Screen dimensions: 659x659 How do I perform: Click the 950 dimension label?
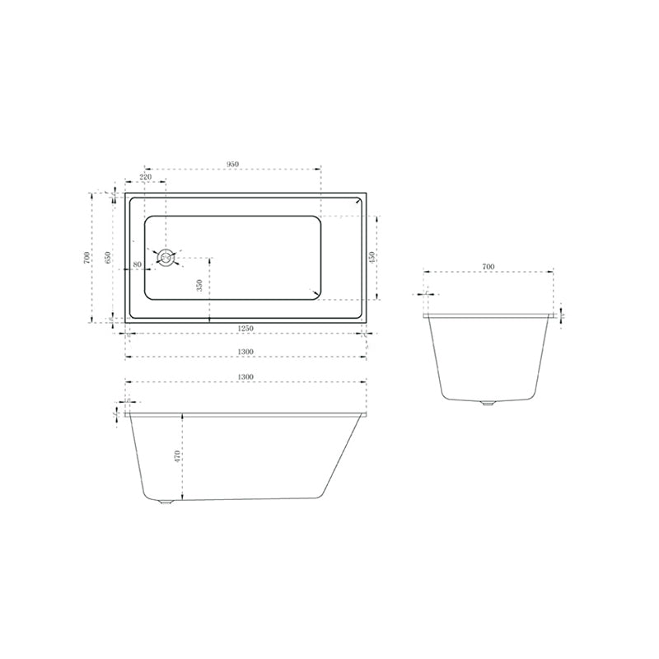232,164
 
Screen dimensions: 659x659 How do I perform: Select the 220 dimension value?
145,177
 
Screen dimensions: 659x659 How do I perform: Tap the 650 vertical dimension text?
108,257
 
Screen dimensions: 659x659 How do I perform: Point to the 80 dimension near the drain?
137,264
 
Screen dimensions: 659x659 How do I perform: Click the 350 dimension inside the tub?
199,286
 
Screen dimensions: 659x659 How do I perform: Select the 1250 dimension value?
245,328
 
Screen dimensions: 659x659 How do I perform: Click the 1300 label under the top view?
245,351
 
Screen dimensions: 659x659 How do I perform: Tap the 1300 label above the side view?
245,376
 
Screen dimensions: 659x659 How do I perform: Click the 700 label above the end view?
488,266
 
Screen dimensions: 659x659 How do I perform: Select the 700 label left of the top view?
86,257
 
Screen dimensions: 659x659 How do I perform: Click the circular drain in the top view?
166,258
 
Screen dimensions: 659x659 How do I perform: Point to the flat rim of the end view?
488,314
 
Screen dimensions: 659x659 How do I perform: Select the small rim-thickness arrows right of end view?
562,314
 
